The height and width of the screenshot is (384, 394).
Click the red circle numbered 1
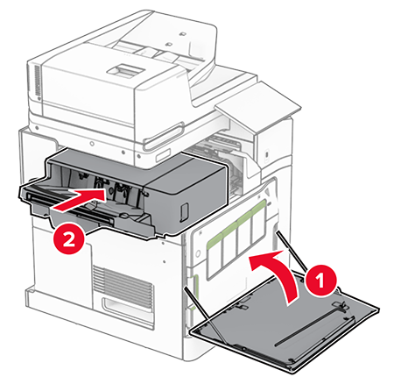(320, 280)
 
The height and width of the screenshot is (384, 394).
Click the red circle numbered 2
(69, 239)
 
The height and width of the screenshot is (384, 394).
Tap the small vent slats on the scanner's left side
(38, 81)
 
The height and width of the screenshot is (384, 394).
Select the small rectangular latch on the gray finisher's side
(184, 210)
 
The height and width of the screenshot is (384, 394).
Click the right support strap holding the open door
(291, 251)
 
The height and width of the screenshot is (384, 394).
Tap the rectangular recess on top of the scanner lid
(126, 69)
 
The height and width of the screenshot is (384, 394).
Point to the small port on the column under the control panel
(267, 154)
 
